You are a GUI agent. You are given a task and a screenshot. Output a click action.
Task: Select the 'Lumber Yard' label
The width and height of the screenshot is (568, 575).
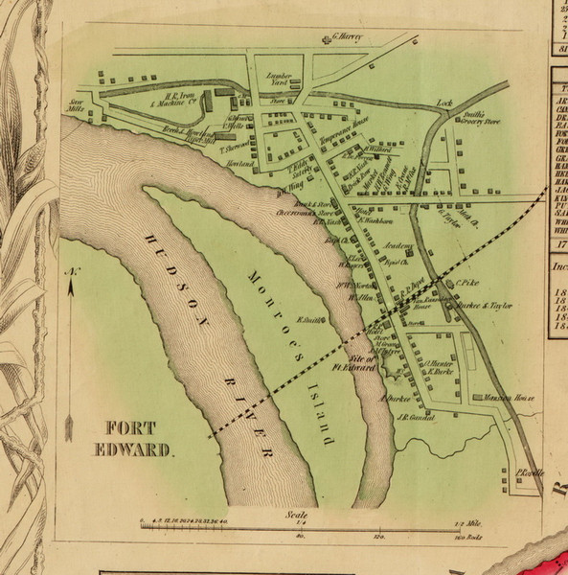point(277,80)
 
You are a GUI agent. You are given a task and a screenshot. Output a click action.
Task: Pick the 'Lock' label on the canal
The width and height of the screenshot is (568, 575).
point(443,102)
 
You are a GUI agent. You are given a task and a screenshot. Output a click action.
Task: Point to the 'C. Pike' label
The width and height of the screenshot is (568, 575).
point(467,284)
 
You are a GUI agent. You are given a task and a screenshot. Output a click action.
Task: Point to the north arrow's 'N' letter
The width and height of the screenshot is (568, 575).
point(71,274)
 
